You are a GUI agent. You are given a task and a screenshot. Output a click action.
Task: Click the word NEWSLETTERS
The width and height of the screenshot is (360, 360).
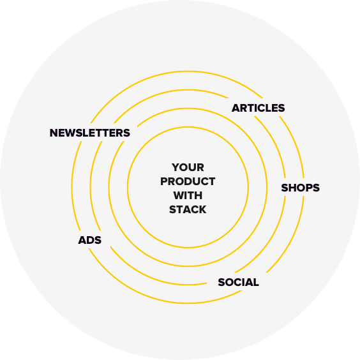click(x=90, y=133)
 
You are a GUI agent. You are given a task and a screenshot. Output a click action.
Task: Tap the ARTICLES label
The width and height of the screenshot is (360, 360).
click(x=258, y=108)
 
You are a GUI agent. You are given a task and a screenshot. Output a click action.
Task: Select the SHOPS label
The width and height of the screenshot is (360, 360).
click(x=300, y=188)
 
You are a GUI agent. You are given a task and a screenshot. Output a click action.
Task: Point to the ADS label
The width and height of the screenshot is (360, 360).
click(x=90, y=240)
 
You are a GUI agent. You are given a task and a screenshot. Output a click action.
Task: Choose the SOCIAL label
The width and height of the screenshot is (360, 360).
click(x=238, y=282)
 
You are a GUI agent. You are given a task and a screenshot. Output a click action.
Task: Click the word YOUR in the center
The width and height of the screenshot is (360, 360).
click(x=188, y=167)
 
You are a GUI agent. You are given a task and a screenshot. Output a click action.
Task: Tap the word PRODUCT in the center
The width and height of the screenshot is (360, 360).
click(x=188, y=181)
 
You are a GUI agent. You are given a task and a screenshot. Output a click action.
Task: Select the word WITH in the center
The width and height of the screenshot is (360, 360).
click(x=188, y=195)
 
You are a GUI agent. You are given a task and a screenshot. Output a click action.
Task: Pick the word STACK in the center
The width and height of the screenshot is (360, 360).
click(x=188, y=209)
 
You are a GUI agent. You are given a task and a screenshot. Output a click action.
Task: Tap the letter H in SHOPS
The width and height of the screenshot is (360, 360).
click(x=293, y=188)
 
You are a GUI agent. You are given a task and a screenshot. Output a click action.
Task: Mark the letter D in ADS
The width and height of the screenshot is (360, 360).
click(x=90, y=240)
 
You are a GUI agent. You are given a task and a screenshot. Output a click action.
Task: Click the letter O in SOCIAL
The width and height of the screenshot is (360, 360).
click(x=229, y=282)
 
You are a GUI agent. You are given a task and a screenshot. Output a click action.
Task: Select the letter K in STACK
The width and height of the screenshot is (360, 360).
click(x=202, y=209)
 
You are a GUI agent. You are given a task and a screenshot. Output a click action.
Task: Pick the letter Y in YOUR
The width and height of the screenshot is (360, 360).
click(x=176, y=167)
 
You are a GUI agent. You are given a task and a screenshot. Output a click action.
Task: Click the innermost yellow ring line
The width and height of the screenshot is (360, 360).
click(x=188, y=127)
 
